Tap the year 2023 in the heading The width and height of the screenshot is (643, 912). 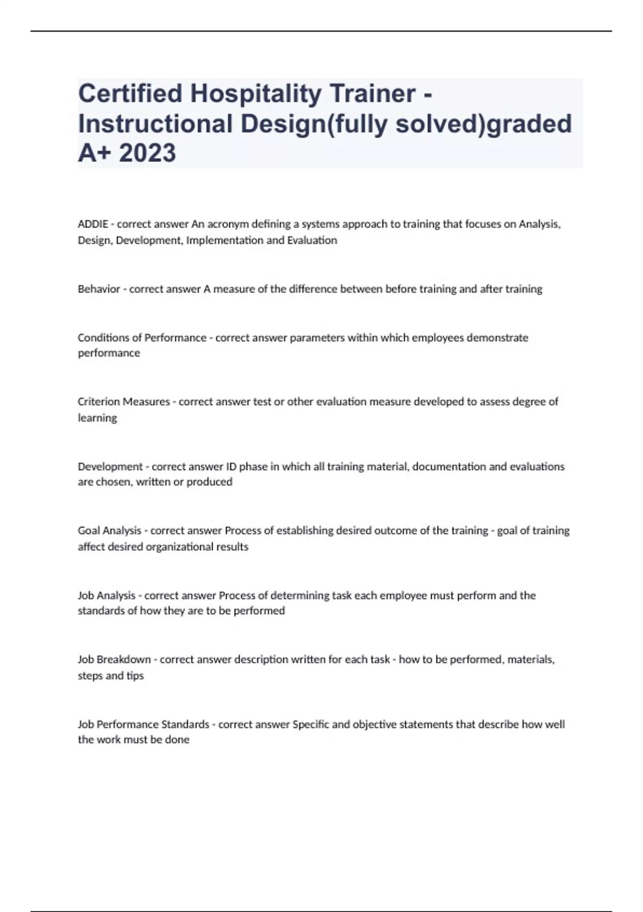pyautogui.click(x=147, y=153)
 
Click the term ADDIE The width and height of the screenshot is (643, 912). pyautogui.click(x=93, y=224)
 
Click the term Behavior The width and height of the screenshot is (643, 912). pyautogui.click(x=99, y=289)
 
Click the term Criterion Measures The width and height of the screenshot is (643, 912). pyautogui.click(x=123, y=402)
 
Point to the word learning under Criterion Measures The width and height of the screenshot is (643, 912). pyautogui.click(x=97, y=418)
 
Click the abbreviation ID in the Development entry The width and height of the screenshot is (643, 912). pyautogui.click(x=231, y=467)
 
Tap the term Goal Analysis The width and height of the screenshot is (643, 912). pyautogui.click(x=109, y=531)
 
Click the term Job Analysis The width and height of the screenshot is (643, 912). pyautogui.click(x=107, y=595)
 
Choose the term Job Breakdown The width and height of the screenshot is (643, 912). pyautogui.click(x=114, y=659)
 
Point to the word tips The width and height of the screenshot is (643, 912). pyautogui.click(x=135, y=675)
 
